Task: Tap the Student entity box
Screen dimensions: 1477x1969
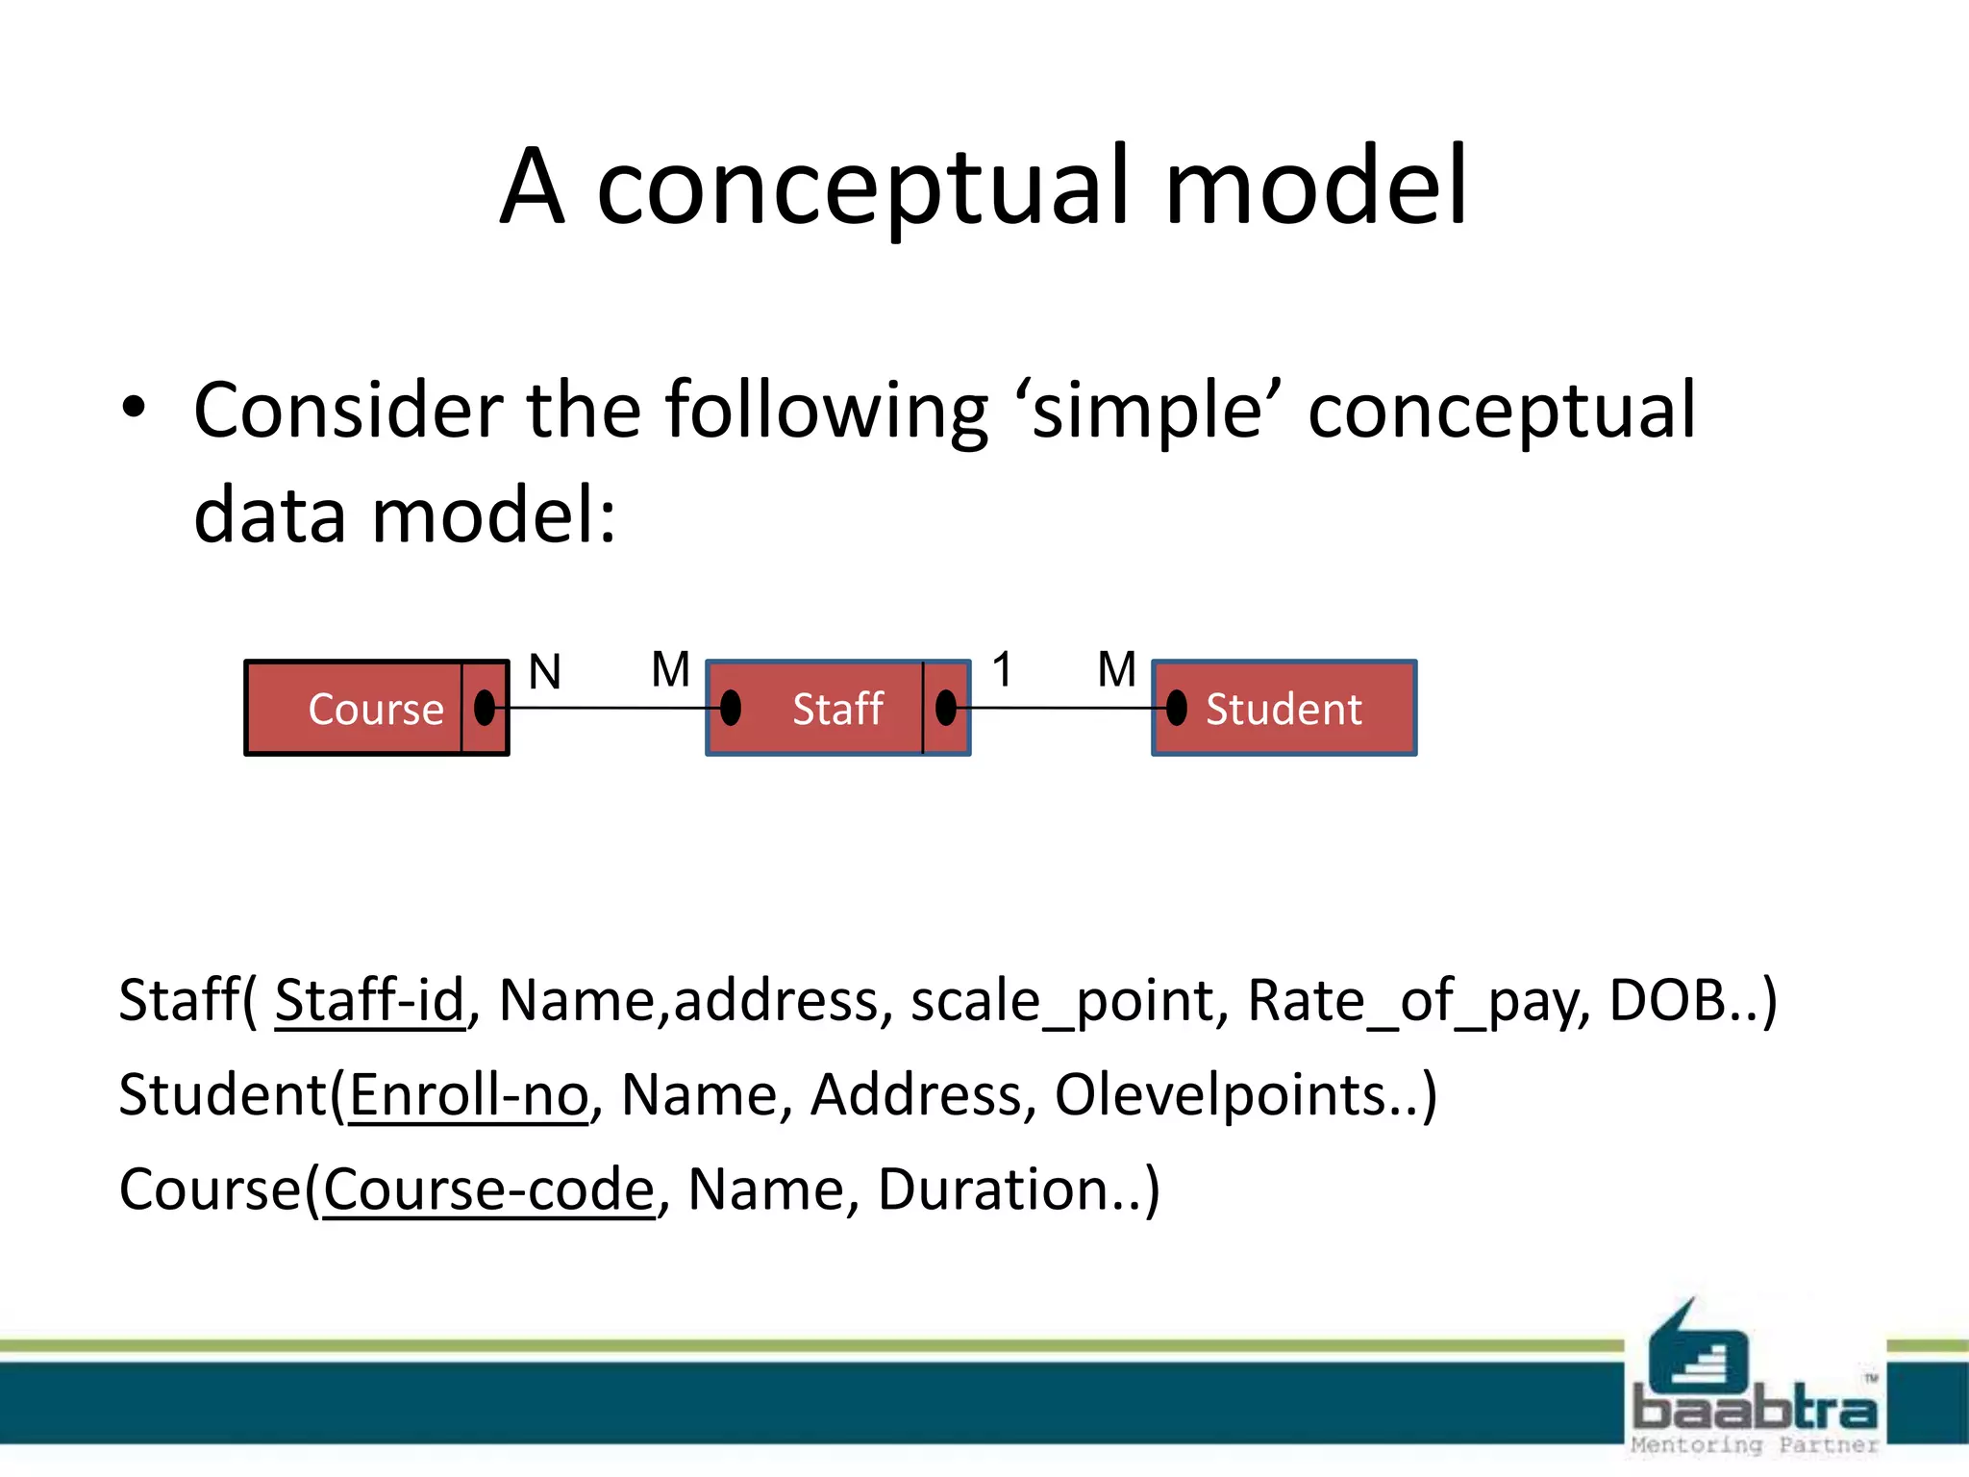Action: (x=1284, y=709)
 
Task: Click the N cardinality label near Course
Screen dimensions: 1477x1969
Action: (x=545, y=671)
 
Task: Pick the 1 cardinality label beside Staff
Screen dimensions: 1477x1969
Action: (x=1003, y=669)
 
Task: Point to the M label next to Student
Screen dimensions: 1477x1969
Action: (x=1116, y=669)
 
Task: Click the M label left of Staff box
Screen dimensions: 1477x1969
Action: (x=670, y=669)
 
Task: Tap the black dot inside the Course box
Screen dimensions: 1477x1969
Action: (x=485, y=708)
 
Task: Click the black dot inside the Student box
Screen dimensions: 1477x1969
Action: (x=1177, y=708)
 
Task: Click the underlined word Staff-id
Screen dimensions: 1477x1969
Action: (x=369, y=1000)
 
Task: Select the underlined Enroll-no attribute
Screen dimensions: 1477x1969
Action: (x=468, y=1094)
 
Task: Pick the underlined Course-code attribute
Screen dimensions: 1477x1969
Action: (x=488, y=1189)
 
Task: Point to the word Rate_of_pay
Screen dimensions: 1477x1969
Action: (x=1417, y=1000)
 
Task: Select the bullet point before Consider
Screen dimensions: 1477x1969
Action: (x=135, y=408)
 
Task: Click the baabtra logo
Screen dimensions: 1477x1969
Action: (x=1754, y=1385)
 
